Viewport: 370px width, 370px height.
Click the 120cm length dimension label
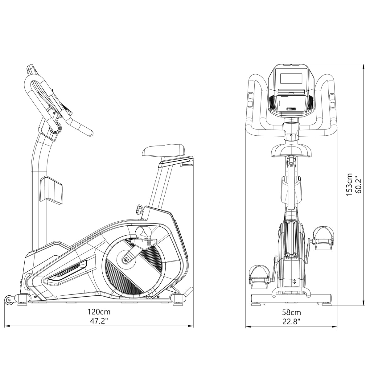click(99, 312)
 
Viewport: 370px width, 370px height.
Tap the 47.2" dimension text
click(99, 321)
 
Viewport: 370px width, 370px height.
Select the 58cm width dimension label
click(291, 313)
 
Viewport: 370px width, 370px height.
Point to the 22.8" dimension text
click(291, 322)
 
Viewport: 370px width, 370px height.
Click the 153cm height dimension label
click(349, 184)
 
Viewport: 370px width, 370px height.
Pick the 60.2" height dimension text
click(358, 184)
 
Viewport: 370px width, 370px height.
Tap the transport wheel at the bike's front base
click(9, 300)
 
